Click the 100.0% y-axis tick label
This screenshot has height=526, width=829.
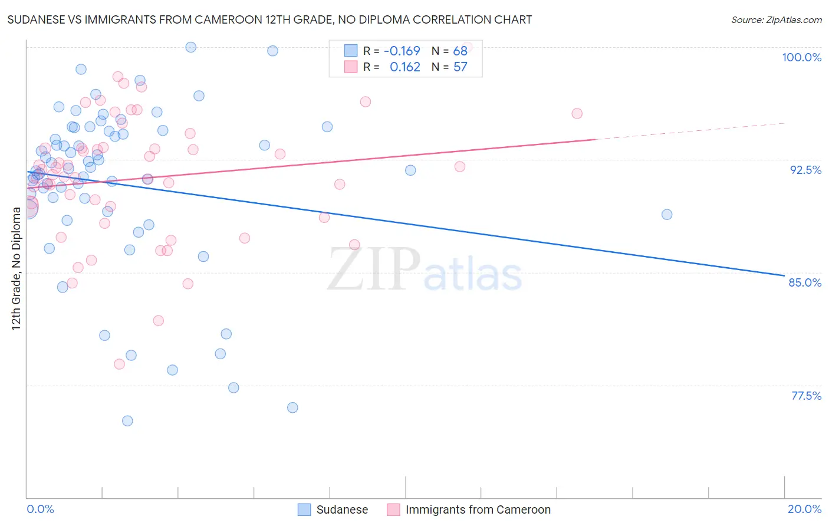801,57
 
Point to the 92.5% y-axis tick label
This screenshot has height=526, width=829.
805,170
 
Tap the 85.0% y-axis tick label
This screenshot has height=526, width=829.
805,282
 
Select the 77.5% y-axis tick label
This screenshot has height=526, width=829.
806,396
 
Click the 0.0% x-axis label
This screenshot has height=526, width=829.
40,509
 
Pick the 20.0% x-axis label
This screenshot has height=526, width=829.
804,509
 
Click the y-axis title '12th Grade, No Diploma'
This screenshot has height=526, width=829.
17,268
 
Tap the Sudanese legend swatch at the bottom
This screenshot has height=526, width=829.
304,509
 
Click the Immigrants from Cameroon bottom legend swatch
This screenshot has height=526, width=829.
393,509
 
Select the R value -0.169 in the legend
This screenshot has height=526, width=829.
402,51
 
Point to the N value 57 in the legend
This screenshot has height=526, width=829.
460,67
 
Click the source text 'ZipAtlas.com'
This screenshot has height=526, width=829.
794,20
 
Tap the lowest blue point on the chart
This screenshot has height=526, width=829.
127,421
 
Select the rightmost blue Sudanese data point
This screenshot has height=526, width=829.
667,215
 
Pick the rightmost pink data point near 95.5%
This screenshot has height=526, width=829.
577,114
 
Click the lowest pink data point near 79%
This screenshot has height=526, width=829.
119,364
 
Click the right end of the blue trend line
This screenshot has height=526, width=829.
784,275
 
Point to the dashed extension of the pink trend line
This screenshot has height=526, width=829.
690,131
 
